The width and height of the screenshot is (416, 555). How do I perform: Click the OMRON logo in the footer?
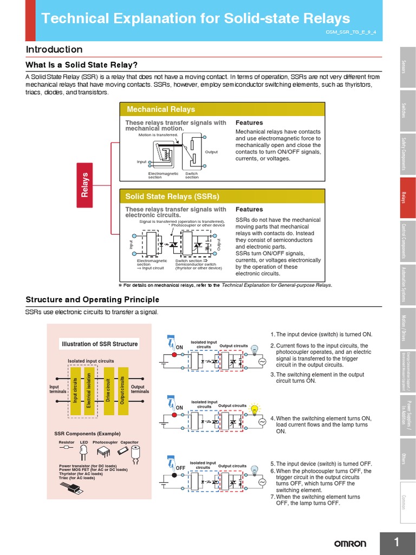[x=349, y=544]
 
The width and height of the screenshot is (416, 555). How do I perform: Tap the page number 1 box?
[x=397, y=543]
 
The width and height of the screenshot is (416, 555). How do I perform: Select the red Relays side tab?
[x=408, y=199]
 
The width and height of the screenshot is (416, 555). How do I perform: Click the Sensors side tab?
[x=408, y=67]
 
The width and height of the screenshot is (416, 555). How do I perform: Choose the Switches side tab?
[x=408, y=111]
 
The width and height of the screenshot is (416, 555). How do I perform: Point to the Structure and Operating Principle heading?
[x=93, y=300]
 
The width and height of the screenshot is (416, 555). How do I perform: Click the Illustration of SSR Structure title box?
[x=100, y=344]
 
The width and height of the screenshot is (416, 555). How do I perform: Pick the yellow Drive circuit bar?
[x=108, y=390]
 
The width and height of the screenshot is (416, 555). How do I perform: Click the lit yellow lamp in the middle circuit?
[x=253, y=409]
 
